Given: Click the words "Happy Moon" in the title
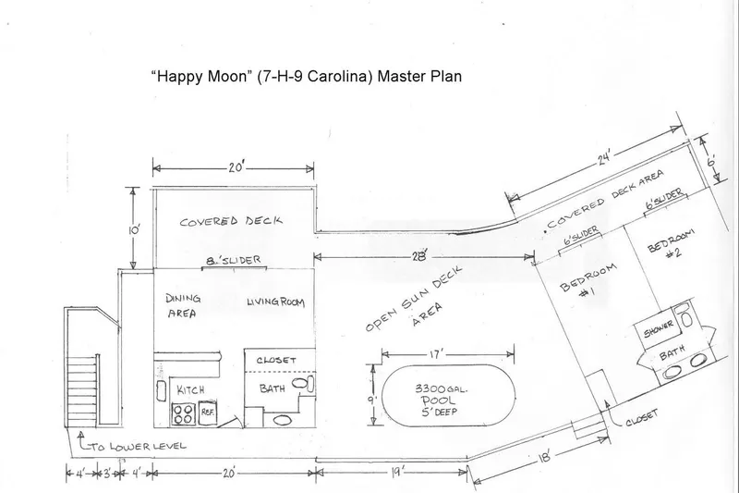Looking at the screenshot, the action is (201, 76).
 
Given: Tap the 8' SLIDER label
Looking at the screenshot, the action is (234, 260).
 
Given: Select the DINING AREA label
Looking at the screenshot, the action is (183, 306).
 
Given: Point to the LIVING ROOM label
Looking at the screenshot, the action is (275, 302).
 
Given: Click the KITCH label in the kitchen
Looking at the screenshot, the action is (190, 390).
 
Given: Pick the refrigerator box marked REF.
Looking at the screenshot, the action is (207, 413).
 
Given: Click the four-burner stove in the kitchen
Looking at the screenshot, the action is (182, 413).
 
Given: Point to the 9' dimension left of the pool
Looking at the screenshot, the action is (372, 401).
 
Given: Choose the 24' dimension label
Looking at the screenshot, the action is (604, 156).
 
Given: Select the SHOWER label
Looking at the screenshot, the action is (659, 329).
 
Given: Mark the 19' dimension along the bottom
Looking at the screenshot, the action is (394, 473).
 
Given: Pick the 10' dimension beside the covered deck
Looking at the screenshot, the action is (133, 230).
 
